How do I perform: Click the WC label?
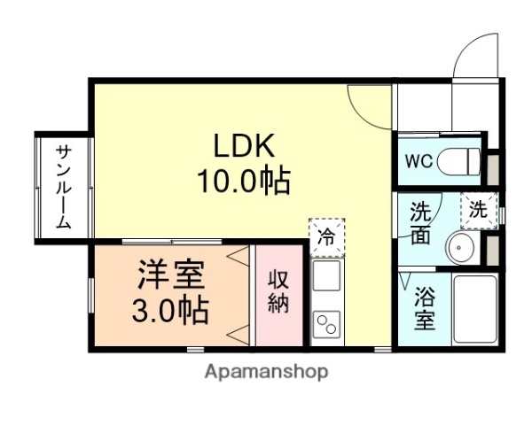[419, 161]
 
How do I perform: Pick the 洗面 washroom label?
[420, 222]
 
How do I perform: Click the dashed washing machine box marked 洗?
[478, 211]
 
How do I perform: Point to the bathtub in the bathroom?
[476, 308]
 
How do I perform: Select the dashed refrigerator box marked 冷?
[326, 237]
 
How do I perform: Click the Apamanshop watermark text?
[266, 371]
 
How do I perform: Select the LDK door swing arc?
[365, 101]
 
